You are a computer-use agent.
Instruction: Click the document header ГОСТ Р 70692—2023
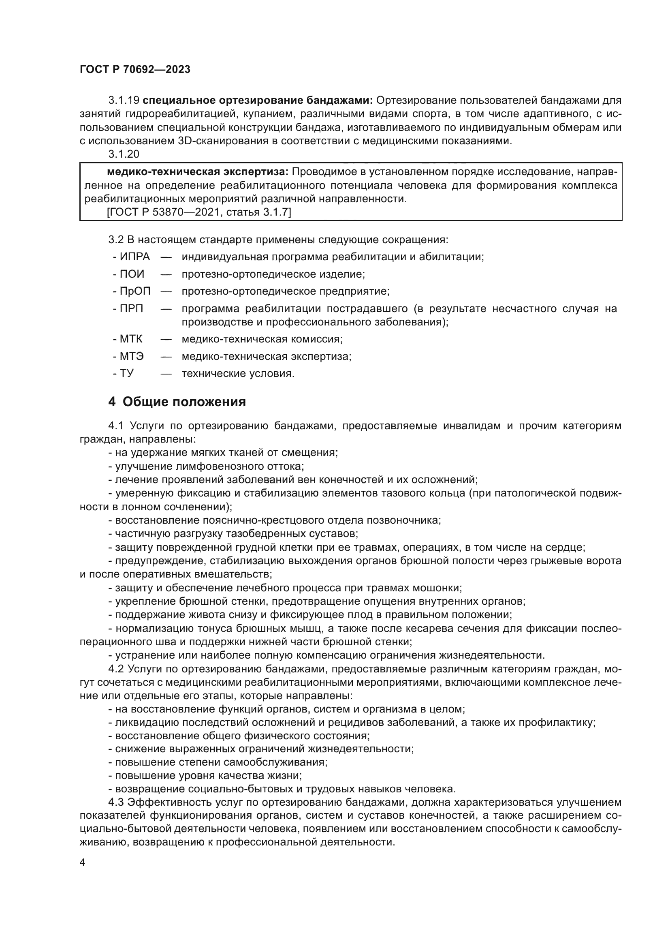point(135,69)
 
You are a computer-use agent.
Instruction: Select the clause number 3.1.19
point(124,101)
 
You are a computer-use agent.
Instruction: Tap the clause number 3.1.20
point(124,154)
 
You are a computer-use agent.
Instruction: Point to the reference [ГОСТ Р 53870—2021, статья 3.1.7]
point(199,213)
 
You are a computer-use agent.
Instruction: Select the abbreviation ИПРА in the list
point(134,257)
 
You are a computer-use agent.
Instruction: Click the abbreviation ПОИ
point(132,274)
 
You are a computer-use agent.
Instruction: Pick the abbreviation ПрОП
point(135,291)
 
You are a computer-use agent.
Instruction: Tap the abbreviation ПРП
point(132,309)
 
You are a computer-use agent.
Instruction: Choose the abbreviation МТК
point(131,339)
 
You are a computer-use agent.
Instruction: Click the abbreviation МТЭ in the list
point(132,356)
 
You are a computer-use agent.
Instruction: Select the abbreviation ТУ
point(127,374)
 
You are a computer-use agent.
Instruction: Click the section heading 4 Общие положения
point(177,402)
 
